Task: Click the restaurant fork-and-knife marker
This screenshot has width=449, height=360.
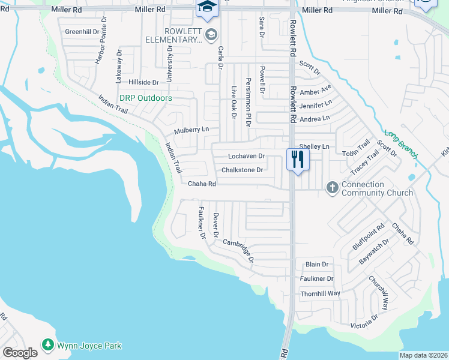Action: click(297, 159)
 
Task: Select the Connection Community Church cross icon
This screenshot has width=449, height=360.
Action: click(332, 188)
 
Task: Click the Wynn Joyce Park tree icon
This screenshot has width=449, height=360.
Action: click(47, 345)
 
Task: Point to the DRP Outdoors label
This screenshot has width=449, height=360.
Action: click(145, 98)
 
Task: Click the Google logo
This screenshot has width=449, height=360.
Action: click(20, 353)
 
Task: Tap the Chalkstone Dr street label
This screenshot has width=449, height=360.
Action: click(243, 170)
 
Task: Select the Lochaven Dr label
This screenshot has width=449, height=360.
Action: click(246, 156)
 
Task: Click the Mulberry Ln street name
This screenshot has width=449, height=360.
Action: click(191, 130)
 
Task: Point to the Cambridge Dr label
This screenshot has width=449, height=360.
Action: click(239, 251)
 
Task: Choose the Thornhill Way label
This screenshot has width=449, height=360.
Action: click(320, 293)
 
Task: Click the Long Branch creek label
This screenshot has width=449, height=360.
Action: click(400, 145)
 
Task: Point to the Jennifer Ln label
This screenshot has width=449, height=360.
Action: click(315, 104)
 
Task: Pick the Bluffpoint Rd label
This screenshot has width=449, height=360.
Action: click(368, 238)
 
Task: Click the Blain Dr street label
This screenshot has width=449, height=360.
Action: click(317, 264)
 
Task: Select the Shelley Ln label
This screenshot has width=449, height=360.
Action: click(314, 146)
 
